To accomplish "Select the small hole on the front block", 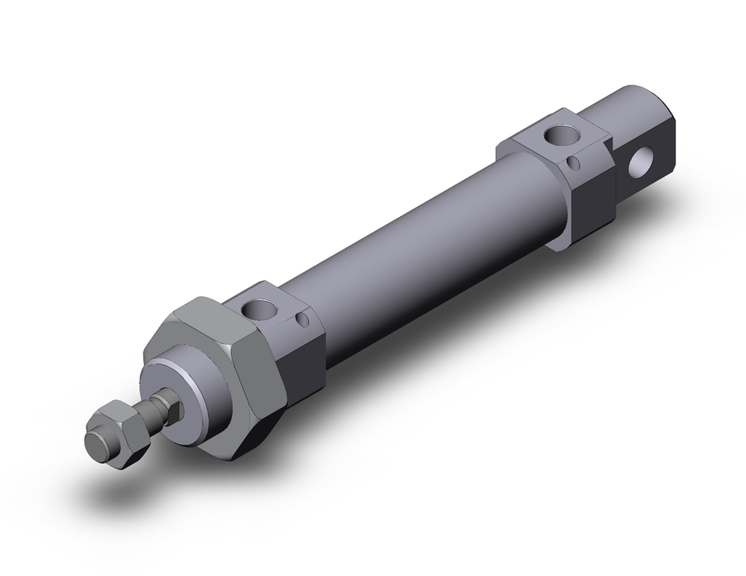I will tap(301, 319).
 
